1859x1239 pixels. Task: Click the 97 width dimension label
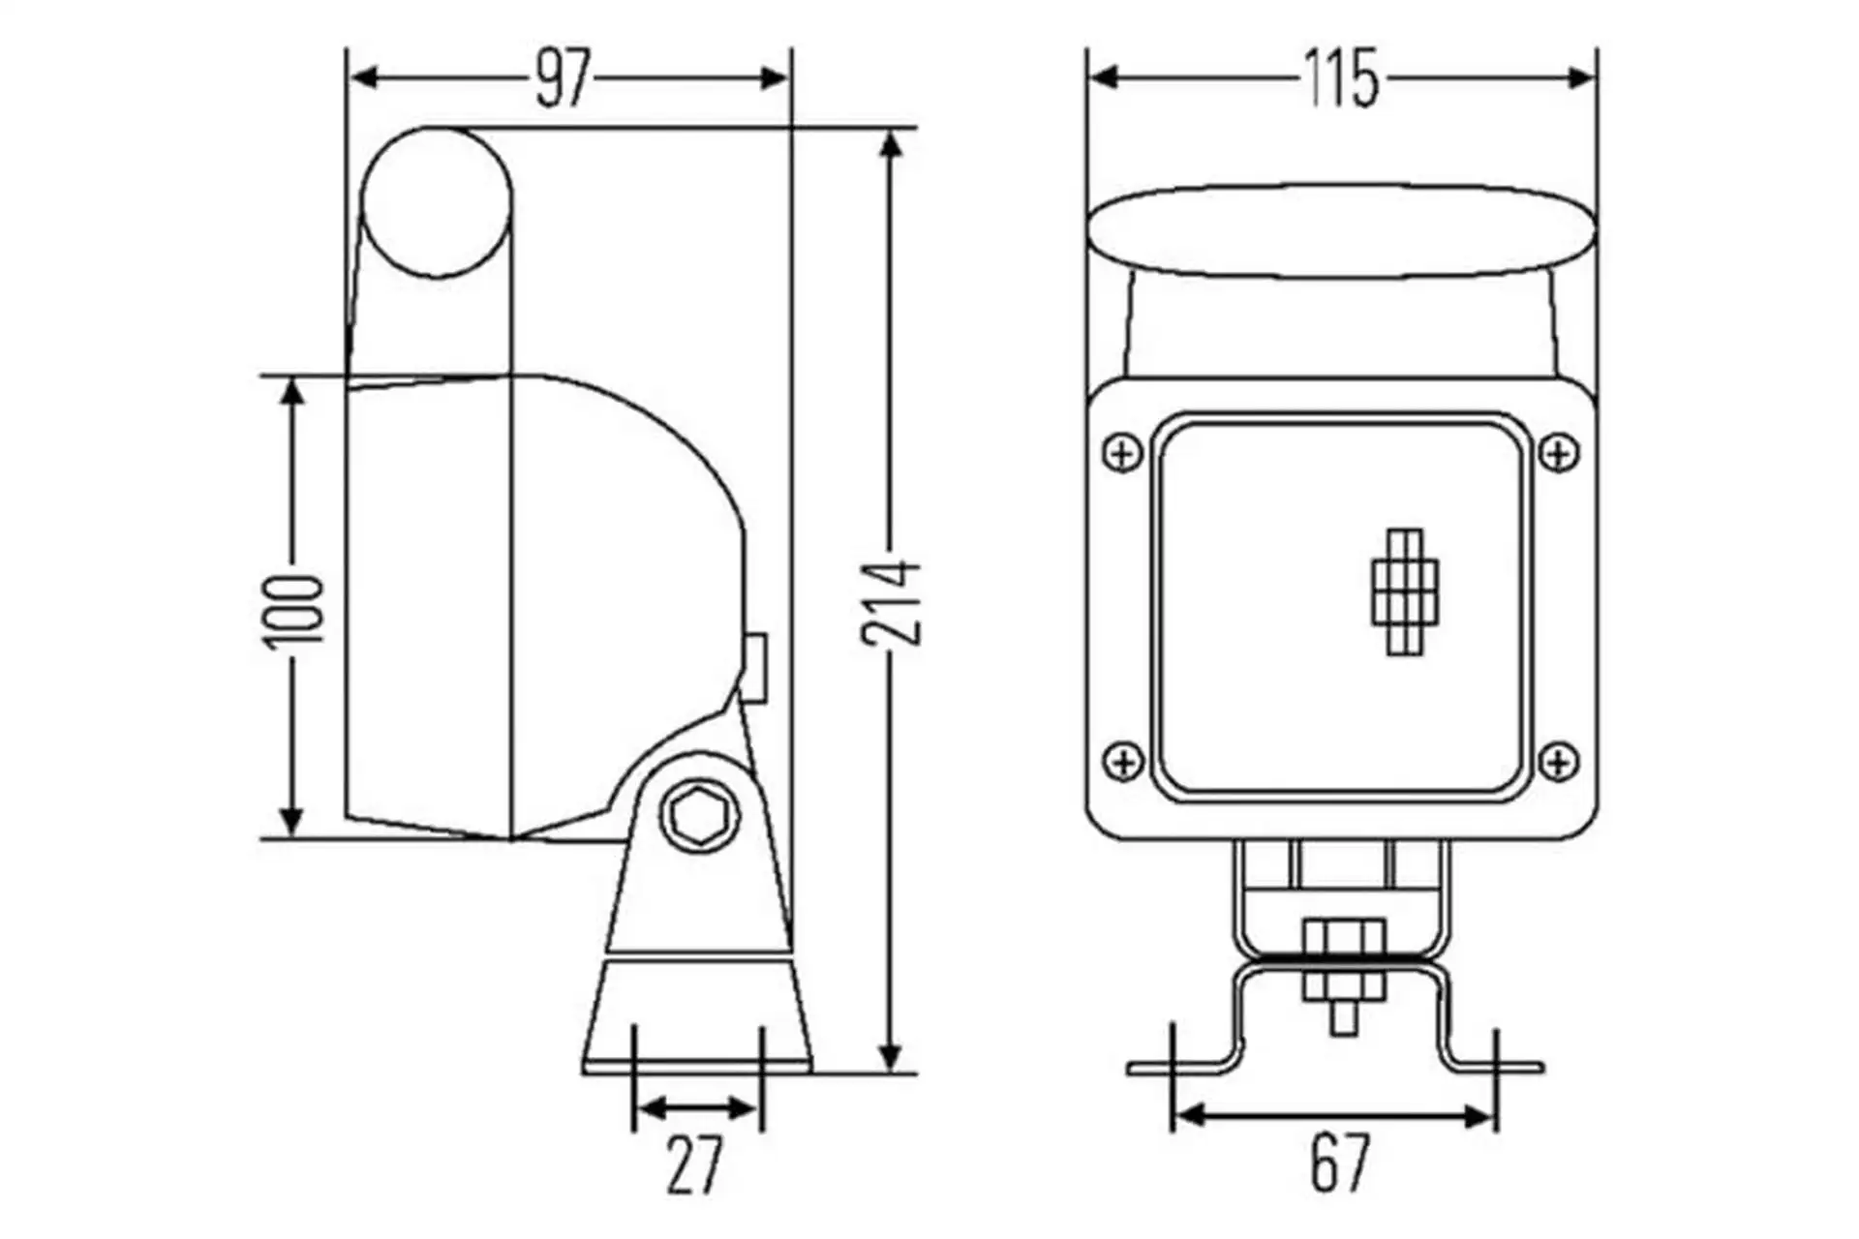click(563, 77)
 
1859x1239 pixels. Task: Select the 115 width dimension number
click(1341, 77)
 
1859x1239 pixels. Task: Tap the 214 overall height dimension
click(892, 602)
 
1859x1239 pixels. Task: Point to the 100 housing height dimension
click(292, 610)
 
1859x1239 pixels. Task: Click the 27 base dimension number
click(695, 1165)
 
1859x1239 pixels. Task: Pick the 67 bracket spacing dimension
click(1341, 1163)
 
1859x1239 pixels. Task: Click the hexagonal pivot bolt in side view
click(700, 817)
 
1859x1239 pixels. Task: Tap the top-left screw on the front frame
click(1123, 452)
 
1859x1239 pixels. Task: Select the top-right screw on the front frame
click(1559, 452)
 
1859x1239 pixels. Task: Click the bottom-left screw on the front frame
click(1123, 761)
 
